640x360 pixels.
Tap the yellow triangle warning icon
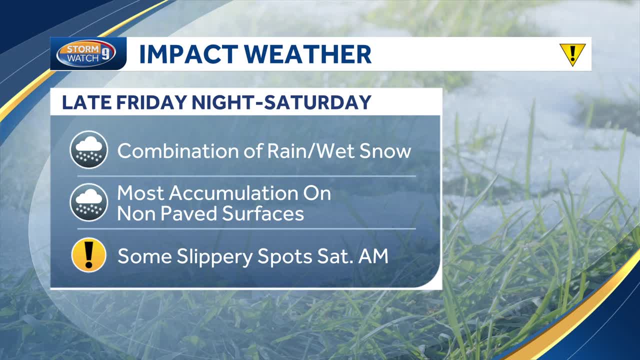(572, 53)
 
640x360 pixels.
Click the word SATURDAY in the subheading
(317, 102)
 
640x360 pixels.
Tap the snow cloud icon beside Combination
(89, 149)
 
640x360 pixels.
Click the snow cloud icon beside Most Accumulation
(89, 202)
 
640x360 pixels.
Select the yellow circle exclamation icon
(89, 255)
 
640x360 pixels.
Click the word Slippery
(214, 256)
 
